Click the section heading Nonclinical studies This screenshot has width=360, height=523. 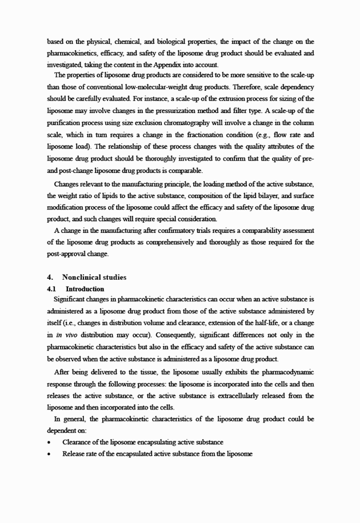coord(94,277)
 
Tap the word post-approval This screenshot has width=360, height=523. coord(66,254)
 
